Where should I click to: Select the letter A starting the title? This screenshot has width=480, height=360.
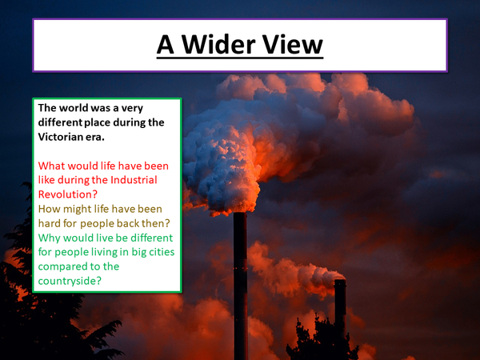click(165, 44)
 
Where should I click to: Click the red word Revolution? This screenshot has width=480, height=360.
click(68, 194)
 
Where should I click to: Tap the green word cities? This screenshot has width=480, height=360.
click(158, 252)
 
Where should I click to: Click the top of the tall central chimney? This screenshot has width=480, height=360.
click(240, 216)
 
